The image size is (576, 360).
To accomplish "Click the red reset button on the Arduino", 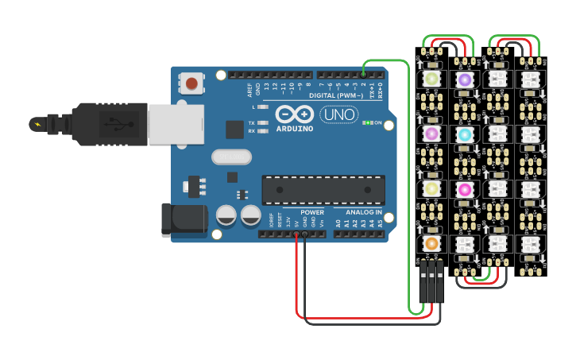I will [191, 83].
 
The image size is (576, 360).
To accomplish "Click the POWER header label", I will [312, 212].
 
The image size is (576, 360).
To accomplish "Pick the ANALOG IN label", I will [363, 212].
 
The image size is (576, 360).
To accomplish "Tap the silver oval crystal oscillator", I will [231, 157].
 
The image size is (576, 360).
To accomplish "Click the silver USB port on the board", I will [175, 125].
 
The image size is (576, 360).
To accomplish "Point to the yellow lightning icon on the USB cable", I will [36, 124].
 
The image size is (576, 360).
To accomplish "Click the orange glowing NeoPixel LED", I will [431, 243].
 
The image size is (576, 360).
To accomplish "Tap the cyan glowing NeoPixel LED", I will [464, 134].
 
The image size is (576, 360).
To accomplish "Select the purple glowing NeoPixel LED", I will [464, 79].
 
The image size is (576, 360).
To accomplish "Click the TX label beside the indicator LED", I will [252, 123].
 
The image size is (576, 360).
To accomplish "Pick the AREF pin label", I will [249, 87].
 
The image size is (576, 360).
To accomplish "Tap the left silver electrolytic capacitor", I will [226, 215].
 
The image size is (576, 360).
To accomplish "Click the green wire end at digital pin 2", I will [364, 74].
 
